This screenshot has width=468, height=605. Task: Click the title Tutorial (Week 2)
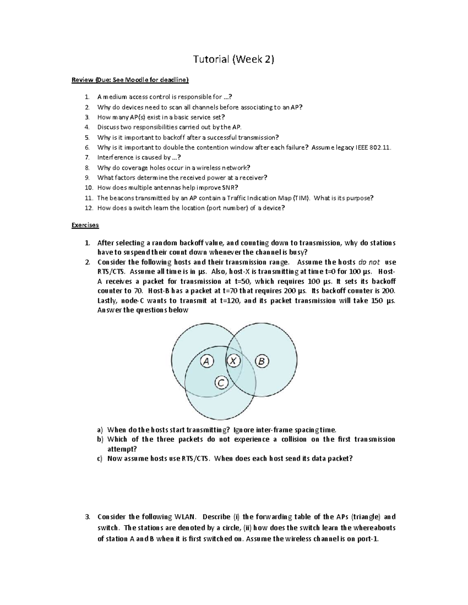tap(234, 59)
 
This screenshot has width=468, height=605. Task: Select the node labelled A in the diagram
tap(207, 362)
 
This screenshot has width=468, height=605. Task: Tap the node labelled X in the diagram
tap(233, 361)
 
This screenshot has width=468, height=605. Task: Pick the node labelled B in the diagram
tap(262, 362)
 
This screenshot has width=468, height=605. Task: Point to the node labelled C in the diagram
tap(221, 383)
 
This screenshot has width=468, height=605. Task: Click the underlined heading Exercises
tap(85, 225)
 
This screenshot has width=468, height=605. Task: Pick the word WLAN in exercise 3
tap(185, 517)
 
